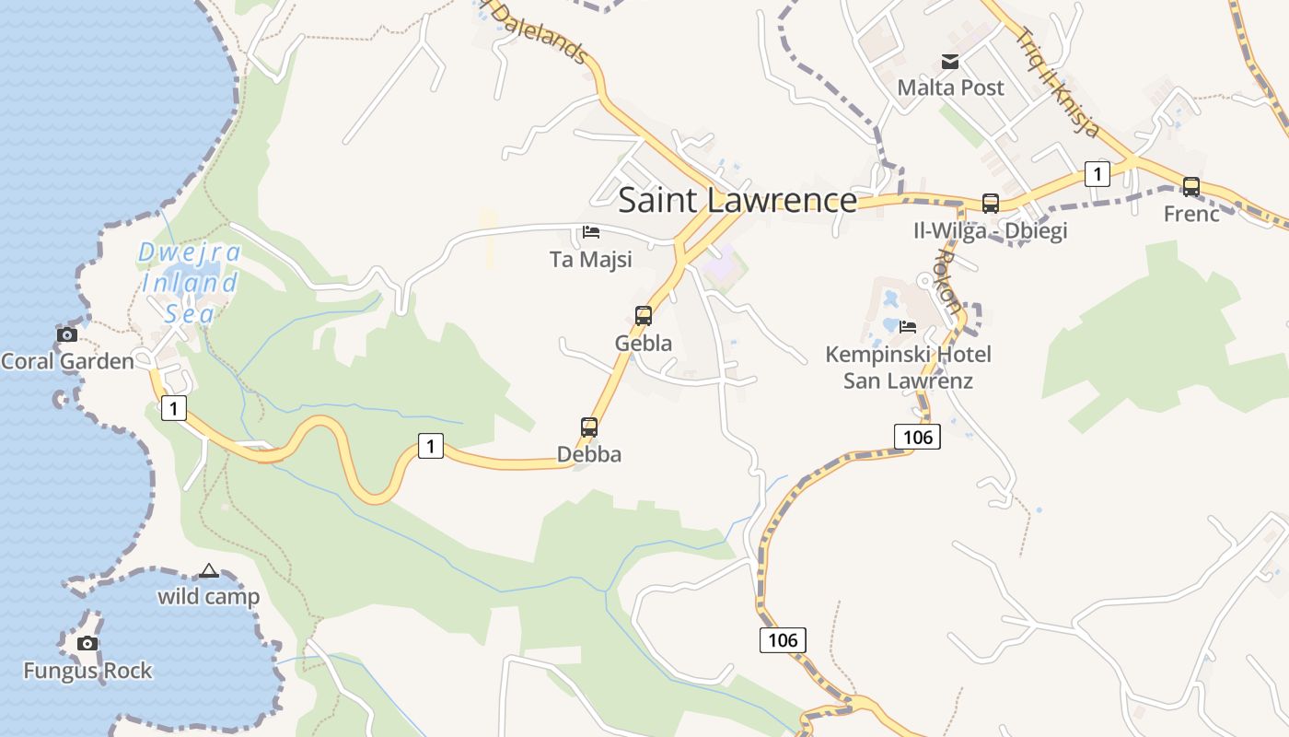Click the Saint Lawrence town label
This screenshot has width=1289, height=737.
737,200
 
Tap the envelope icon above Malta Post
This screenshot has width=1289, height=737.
950,62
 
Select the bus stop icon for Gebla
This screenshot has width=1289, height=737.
644,316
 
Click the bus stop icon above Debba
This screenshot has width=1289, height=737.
589,427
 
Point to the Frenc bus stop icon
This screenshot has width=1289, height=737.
1191,187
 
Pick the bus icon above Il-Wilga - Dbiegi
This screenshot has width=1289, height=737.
991,204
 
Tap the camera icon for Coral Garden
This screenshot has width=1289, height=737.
67,334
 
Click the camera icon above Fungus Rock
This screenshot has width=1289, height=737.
87,643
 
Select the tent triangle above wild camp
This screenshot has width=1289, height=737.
209,570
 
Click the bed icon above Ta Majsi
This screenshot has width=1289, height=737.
591,232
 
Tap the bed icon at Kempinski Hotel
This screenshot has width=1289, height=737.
908,326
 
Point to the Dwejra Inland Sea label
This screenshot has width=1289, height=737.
190,282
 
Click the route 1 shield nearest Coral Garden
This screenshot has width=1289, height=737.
173,407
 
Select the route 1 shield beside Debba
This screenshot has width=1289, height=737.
430,446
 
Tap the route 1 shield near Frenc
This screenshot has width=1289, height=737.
1097,173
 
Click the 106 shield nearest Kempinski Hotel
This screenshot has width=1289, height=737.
917,437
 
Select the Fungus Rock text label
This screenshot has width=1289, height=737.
87,671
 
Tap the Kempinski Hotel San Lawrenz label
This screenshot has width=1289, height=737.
908,368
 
